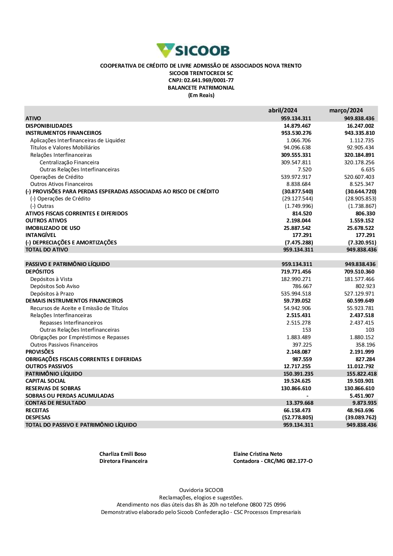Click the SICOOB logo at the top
pyautogui.click(x=193, y=51)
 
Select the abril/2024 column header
pyautogui.click(x=283, y=110)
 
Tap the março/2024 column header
pyautogui.click(x=346, y=110)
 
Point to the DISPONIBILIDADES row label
pyautogui.click(x=49, y=126)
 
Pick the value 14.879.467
pyautogui.click(x=297, y=126)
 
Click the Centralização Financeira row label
pyautogui.click(x=69, y=162)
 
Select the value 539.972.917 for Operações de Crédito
pyautogui.click(x=296, y=177)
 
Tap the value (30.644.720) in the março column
pyautogui.click(x=360, y=191)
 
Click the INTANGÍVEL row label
pyautogui.click(x=41, y=235)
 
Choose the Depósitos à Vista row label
pyautogui.click(x=51, y=279)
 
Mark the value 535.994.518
pyautogui.click(x=296, y=294)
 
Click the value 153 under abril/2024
pyautogui.click(x=307, y=330)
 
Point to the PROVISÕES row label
pyautogui.click(x=40, y=352)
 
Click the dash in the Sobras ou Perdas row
pyautogui.click(x=307, y=396)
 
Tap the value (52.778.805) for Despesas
pyautogui.click(x=298, y=417)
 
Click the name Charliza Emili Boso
pyautogui.click(x=123, y=454)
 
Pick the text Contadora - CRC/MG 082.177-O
pyautogui.click(x=273, y=461)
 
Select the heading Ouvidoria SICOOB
pyautogui.click(x=201, y=490)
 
